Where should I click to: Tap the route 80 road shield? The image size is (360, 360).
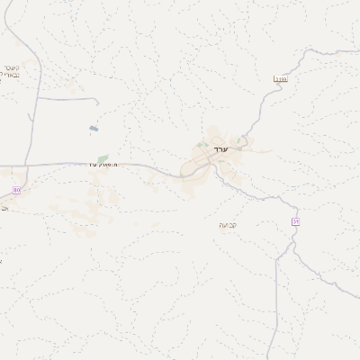tap(16, 191)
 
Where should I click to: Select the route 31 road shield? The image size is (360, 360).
tap(295, 221)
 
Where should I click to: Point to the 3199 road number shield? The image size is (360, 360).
tap(280, 80)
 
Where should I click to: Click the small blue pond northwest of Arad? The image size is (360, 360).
tap(94, 130)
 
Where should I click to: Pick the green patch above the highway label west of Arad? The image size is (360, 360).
tap(103, 159)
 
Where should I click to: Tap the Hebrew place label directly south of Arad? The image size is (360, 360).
tap(228, 224)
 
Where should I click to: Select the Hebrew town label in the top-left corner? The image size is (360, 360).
tap(11, 71)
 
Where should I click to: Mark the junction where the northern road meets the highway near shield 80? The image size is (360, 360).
tap(27, 166)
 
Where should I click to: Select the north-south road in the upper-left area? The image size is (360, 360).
tap(33, 108)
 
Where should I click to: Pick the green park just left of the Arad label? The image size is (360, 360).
tap(202, 145)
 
